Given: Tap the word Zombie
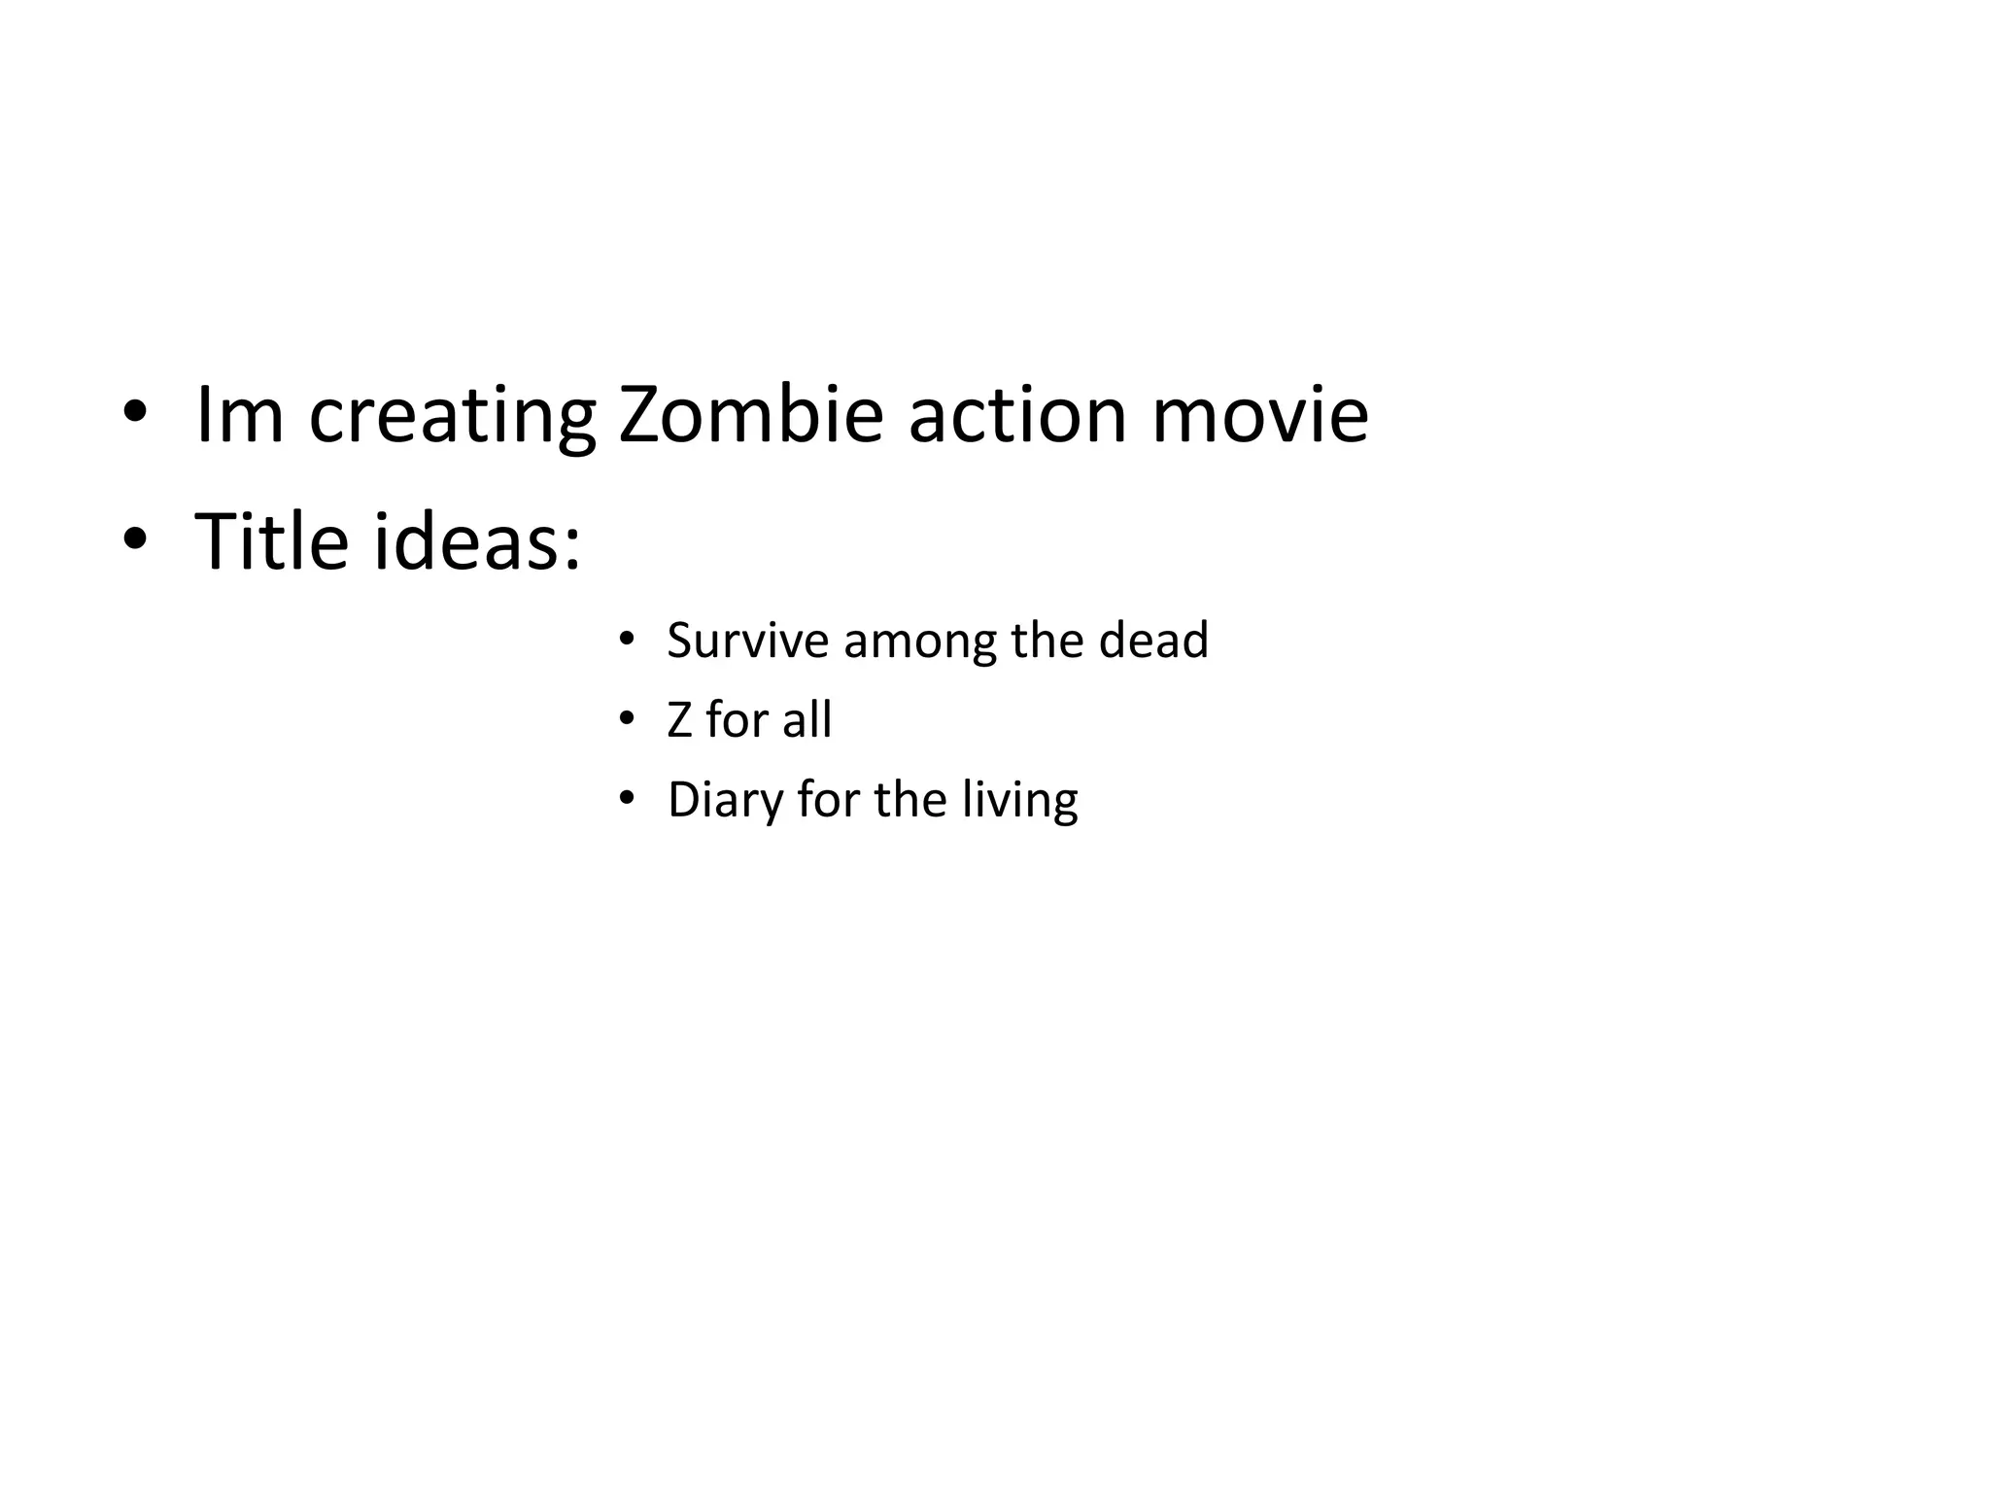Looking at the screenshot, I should (751, 415).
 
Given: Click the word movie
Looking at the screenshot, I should (1260, 415).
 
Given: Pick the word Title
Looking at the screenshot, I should (271, 540).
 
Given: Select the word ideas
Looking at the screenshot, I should (476, 540).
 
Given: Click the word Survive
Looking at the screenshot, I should (747, 641).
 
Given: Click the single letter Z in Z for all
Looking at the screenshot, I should (679, 720).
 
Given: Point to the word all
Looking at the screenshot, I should (807, 720).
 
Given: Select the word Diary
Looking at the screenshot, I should (724, 801).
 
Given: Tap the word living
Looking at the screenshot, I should (1020, 801).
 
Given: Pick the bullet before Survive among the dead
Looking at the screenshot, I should (627, 640).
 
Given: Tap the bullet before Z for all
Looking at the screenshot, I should (627, 719).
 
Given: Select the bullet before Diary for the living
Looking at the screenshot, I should (627, 799).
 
